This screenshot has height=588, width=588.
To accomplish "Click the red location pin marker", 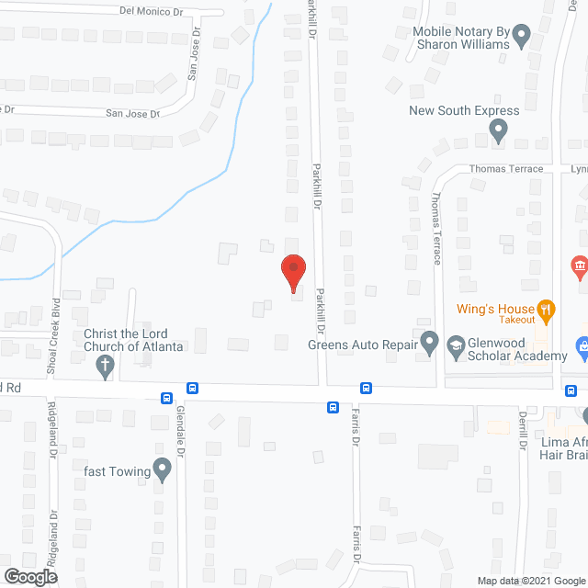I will (x=292, y=273).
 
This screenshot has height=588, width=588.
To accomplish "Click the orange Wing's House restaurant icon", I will (x=546, y=310).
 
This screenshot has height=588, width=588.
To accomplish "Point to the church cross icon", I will (x=106, y=367).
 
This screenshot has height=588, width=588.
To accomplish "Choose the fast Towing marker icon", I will (x=163, y=471).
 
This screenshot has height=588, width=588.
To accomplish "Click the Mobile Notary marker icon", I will (x=522, y=38).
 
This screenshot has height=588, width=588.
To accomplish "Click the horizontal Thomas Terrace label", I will (x=506, y=169).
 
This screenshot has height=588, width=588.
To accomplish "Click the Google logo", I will (x=29, y=576).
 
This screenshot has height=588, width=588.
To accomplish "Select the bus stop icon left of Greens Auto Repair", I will (x=366, y=389).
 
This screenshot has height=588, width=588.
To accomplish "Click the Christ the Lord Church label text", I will (x=134, y=340).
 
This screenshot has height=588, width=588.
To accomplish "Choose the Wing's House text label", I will (x=496, y=310).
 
